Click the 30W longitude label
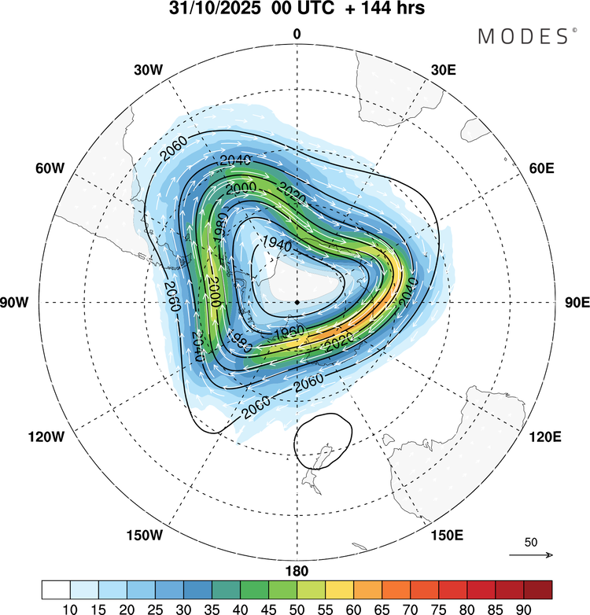click(x=147, y=69)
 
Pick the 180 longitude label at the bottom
click(x=297, y=571)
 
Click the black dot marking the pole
click(x=297, y=302)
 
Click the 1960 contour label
click(x=269, y=327)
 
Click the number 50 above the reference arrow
click(x=531, y=543)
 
